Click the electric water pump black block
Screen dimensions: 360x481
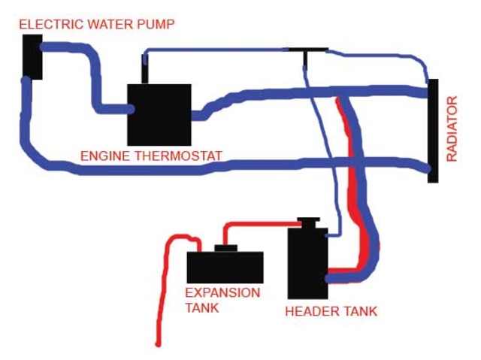click(32, 56)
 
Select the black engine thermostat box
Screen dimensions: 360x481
click(159, 114)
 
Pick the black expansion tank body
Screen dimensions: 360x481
click(225, 268)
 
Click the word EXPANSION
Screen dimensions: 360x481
click(222, 292)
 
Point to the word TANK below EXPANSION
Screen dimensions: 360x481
click(202, 307)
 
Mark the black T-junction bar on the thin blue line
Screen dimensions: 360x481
click(307, 50)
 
